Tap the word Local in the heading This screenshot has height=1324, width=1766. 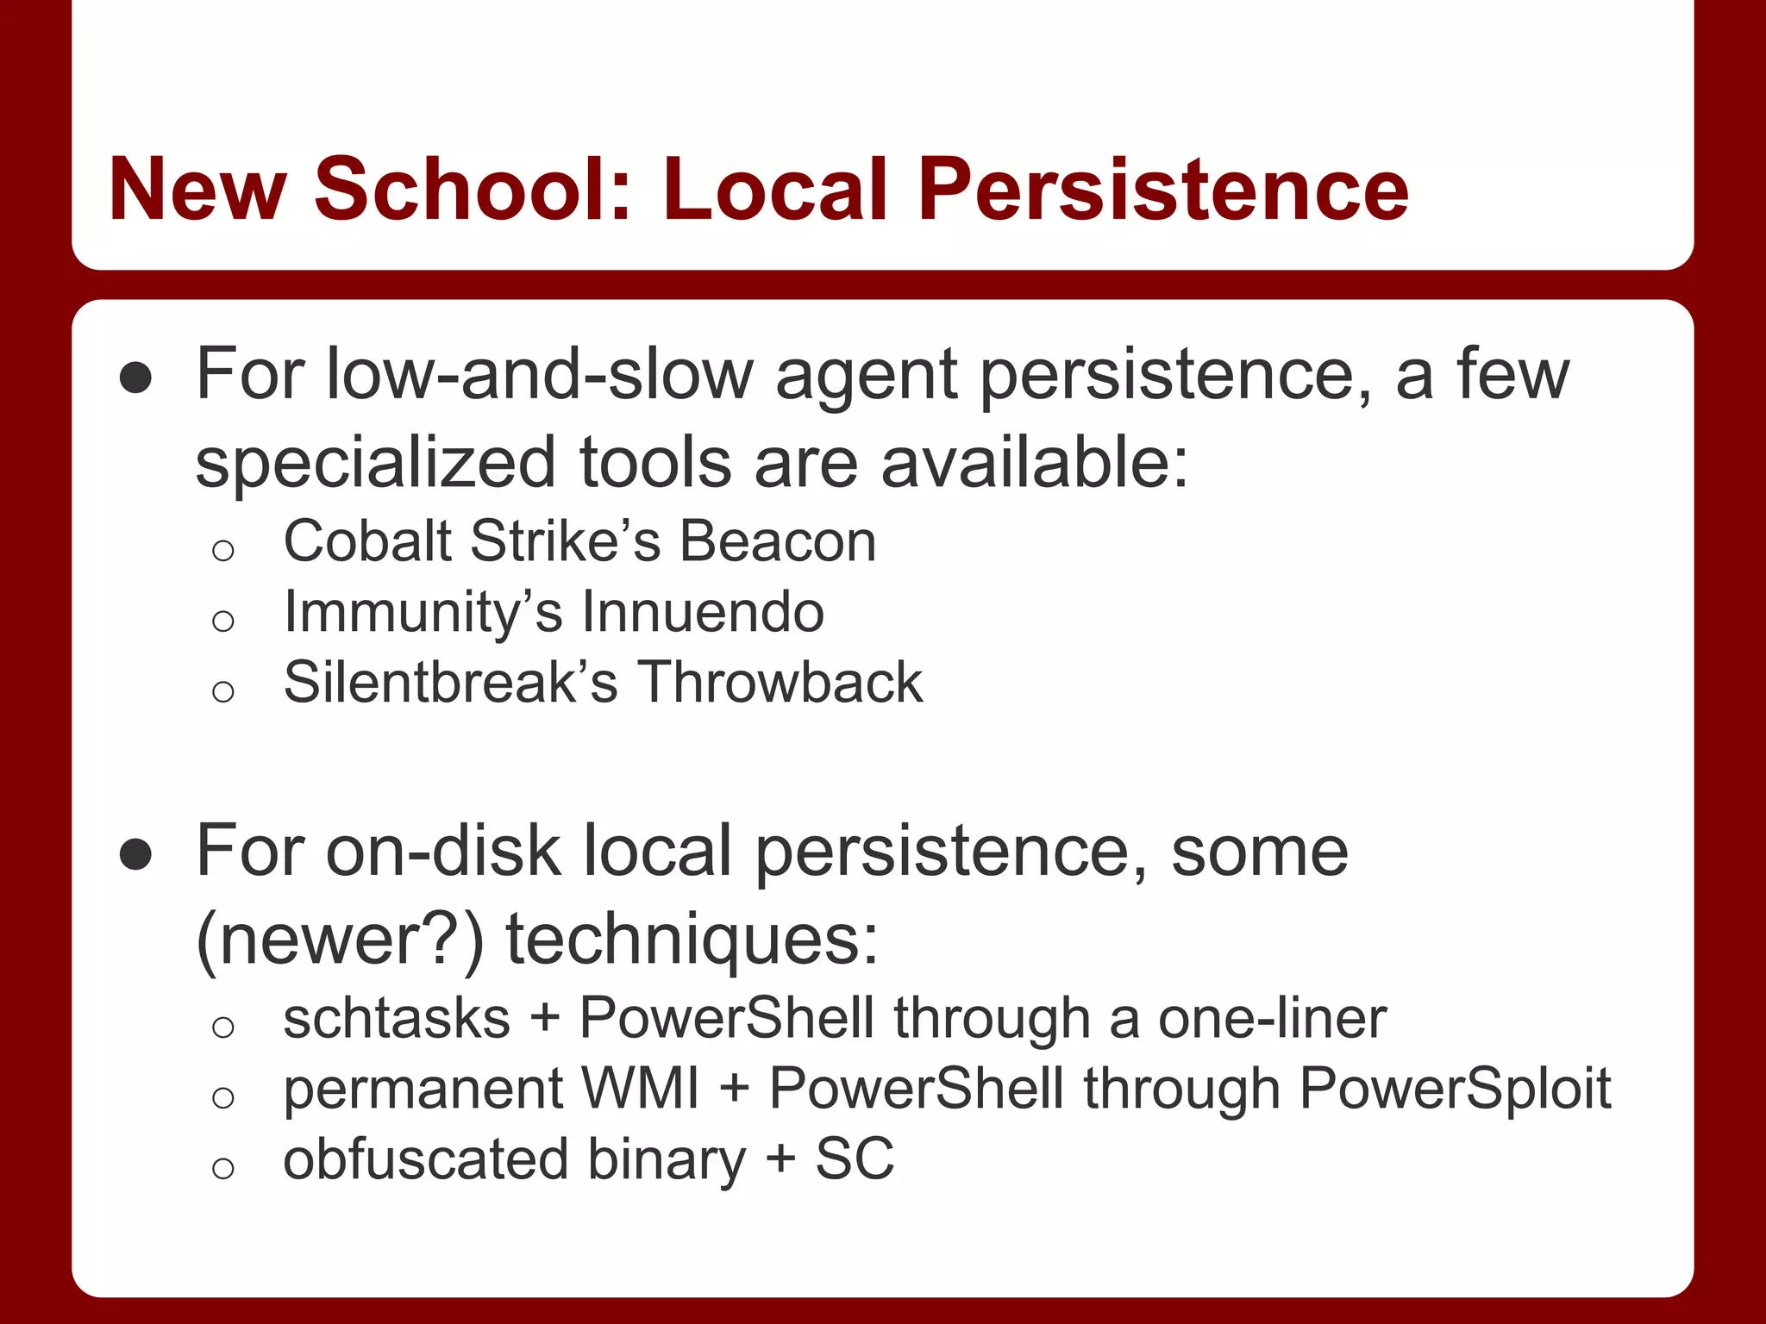click(774, 189)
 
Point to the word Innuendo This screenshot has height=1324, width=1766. click(703, 612)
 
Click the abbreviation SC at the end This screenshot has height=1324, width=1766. click(855, 1159)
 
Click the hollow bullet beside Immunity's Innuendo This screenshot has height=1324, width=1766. click(223, 621)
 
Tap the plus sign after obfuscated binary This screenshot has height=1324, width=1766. click(780, 1159)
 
